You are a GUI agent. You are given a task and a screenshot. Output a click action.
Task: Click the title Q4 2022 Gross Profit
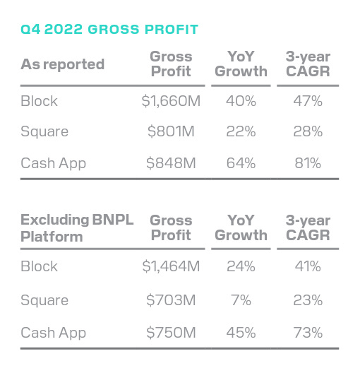[109, 30]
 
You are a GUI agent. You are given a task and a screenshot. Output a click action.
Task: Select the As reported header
[62, 64]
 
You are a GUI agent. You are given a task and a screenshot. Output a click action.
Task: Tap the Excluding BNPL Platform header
[77, 227]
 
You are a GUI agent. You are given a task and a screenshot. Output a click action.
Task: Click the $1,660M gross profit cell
[171, 101]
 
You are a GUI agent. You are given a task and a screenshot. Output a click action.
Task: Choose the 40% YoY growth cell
[241, 101]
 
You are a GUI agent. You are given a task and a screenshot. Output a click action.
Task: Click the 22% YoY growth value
[241, 132]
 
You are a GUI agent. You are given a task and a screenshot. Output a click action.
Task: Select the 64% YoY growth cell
[241, 163]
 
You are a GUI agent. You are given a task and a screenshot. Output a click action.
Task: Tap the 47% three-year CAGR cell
[307, 101]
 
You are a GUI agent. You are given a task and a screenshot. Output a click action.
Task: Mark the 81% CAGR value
[307, 163]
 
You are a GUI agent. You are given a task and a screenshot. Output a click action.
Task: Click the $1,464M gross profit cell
[171, 267]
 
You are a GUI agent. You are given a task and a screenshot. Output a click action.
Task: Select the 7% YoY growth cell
[241, 300]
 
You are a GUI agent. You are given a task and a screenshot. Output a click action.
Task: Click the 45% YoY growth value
[241, 332]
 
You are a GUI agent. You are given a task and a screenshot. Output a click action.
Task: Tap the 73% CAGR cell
[307, 332]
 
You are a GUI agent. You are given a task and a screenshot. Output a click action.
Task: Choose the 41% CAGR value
[307, 267]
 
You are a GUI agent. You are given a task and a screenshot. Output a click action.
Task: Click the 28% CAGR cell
[307, 132]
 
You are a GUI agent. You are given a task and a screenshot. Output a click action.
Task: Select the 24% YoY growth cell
[241, 267]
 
